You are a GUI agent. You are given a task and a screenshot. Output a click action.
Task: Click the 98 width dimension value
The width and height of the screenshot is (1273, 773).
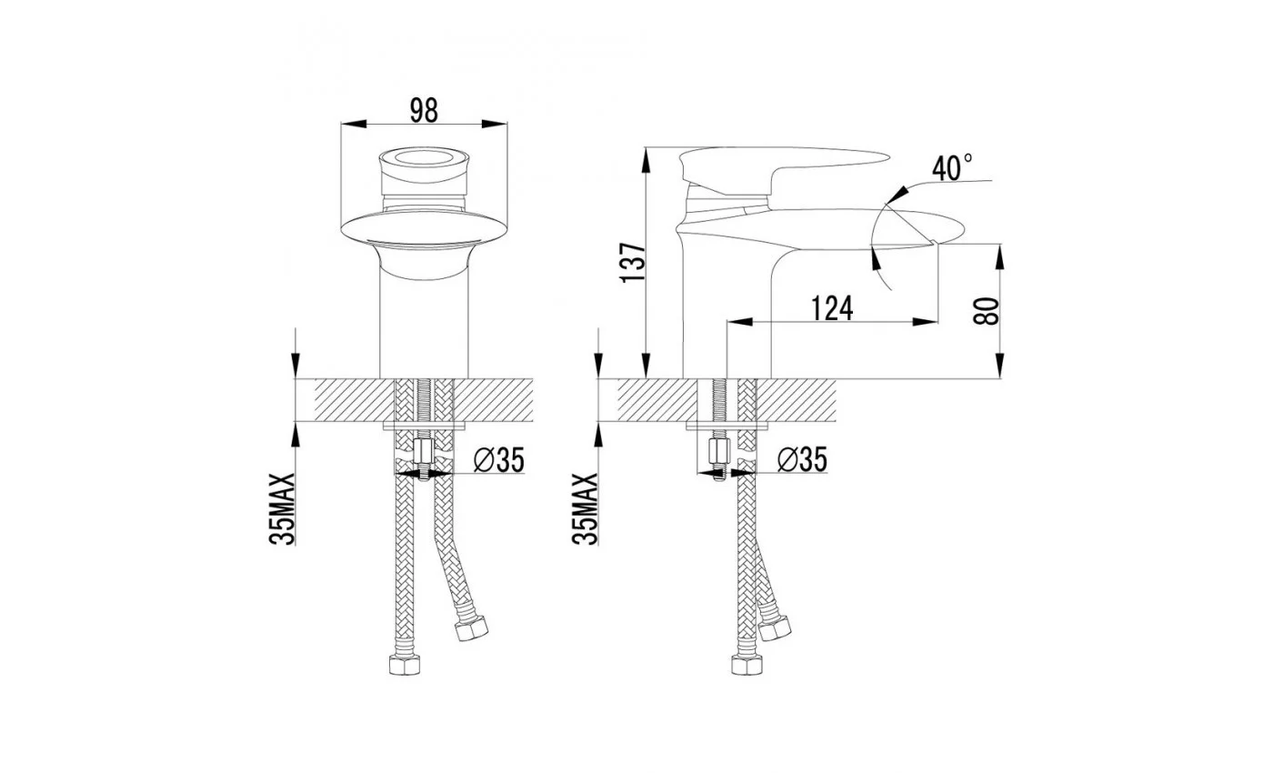click(424, 110)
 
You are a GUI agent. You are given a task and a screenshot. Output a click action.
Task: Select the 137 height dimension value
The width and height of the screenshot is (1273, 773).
click(633, 262)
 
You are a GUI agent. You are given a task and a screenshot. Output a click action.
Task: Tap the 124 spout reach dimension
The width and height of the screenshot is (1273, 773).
click(832, 308)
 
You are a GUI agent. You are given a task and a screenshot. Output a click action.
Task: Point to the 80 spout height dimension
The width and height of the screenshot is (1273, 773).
click(986, 311)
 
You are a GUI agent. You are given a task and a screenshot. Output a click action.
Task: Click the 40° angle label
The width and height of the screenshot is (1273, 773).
click(952, 167)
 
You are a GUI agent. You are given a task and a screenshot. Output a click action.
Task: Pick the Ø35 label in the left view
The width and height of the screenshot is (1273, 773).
click(499, 460)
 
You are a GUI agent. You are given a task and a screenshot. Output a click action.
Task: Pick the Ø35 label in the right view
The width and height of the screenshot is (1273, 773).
click(802, 459)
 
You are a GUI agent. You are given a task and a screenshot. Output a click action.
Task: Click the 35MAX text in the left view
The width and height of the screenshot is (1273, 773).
click(283, 509)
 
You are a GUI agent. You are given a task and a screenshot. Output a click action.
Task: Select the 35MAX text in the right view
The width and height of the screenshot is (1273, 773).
click(586, 509)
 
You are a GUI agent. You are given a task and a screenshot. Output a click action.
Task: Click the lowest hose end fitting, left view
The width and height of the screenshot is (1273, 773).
click(404, 665)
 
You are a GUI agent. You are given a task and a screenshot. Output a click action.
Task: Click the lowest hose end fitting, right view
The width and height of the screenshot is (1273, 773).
click(747, 665)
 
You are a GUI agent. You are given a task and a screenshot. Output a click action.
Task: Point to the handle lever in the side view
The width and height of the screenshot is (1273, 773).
click(784, 167)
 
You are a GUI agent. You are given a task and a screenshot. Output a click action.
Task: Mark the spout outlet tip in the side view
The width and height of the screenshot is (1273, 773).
click(935, 243)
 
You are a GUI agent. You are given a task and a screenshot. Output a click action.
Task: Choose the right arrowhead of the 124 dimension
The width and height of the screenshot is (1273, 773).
click(925, 322)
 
